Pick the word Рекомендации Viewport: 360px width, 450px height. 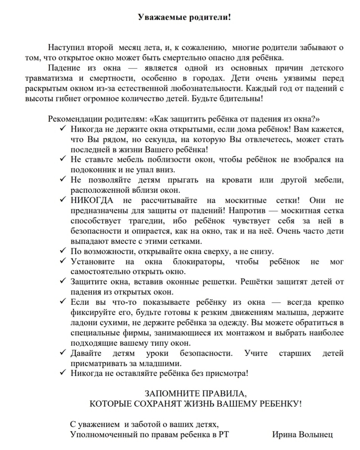tap(72, 119)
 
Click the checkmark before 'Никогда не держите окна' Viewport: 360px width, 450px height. tap(63, 129)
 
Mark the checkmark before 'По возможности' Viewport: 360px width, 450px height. tap(63, 251)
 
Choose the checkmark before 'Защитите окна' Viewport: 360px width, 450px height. tap(63, 282)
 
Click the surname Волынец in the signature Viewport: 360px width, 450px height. tap(316, 434)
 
